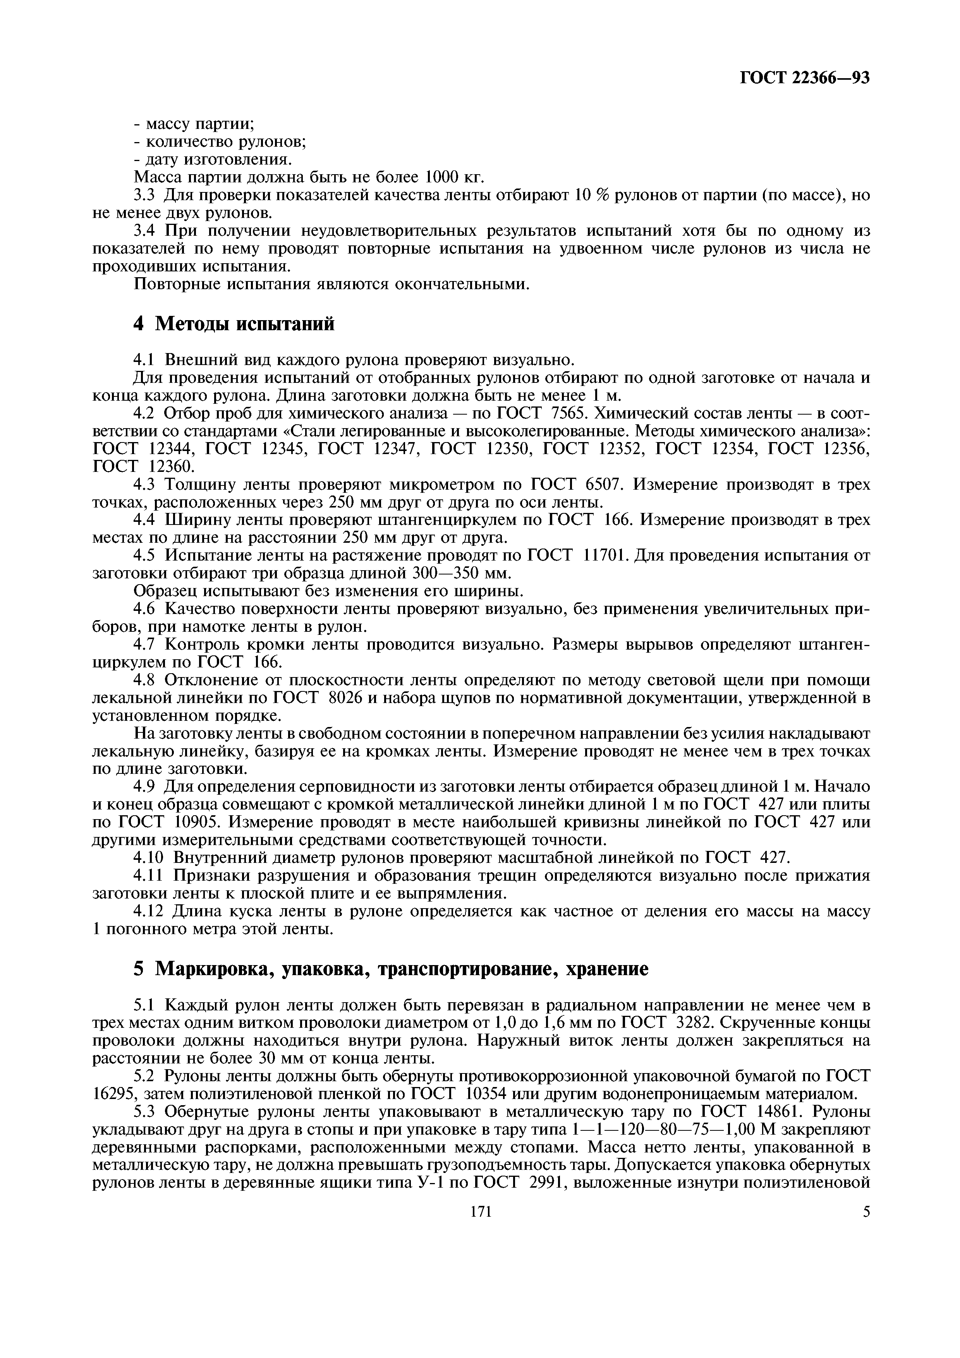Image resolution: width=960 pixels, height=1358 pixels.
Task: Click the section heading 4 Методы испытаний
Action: click(x=234, y=324)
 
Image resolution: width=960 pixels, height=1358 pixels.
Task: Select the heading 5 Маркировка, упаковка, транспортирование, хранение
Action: click(x=390, y=968)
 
